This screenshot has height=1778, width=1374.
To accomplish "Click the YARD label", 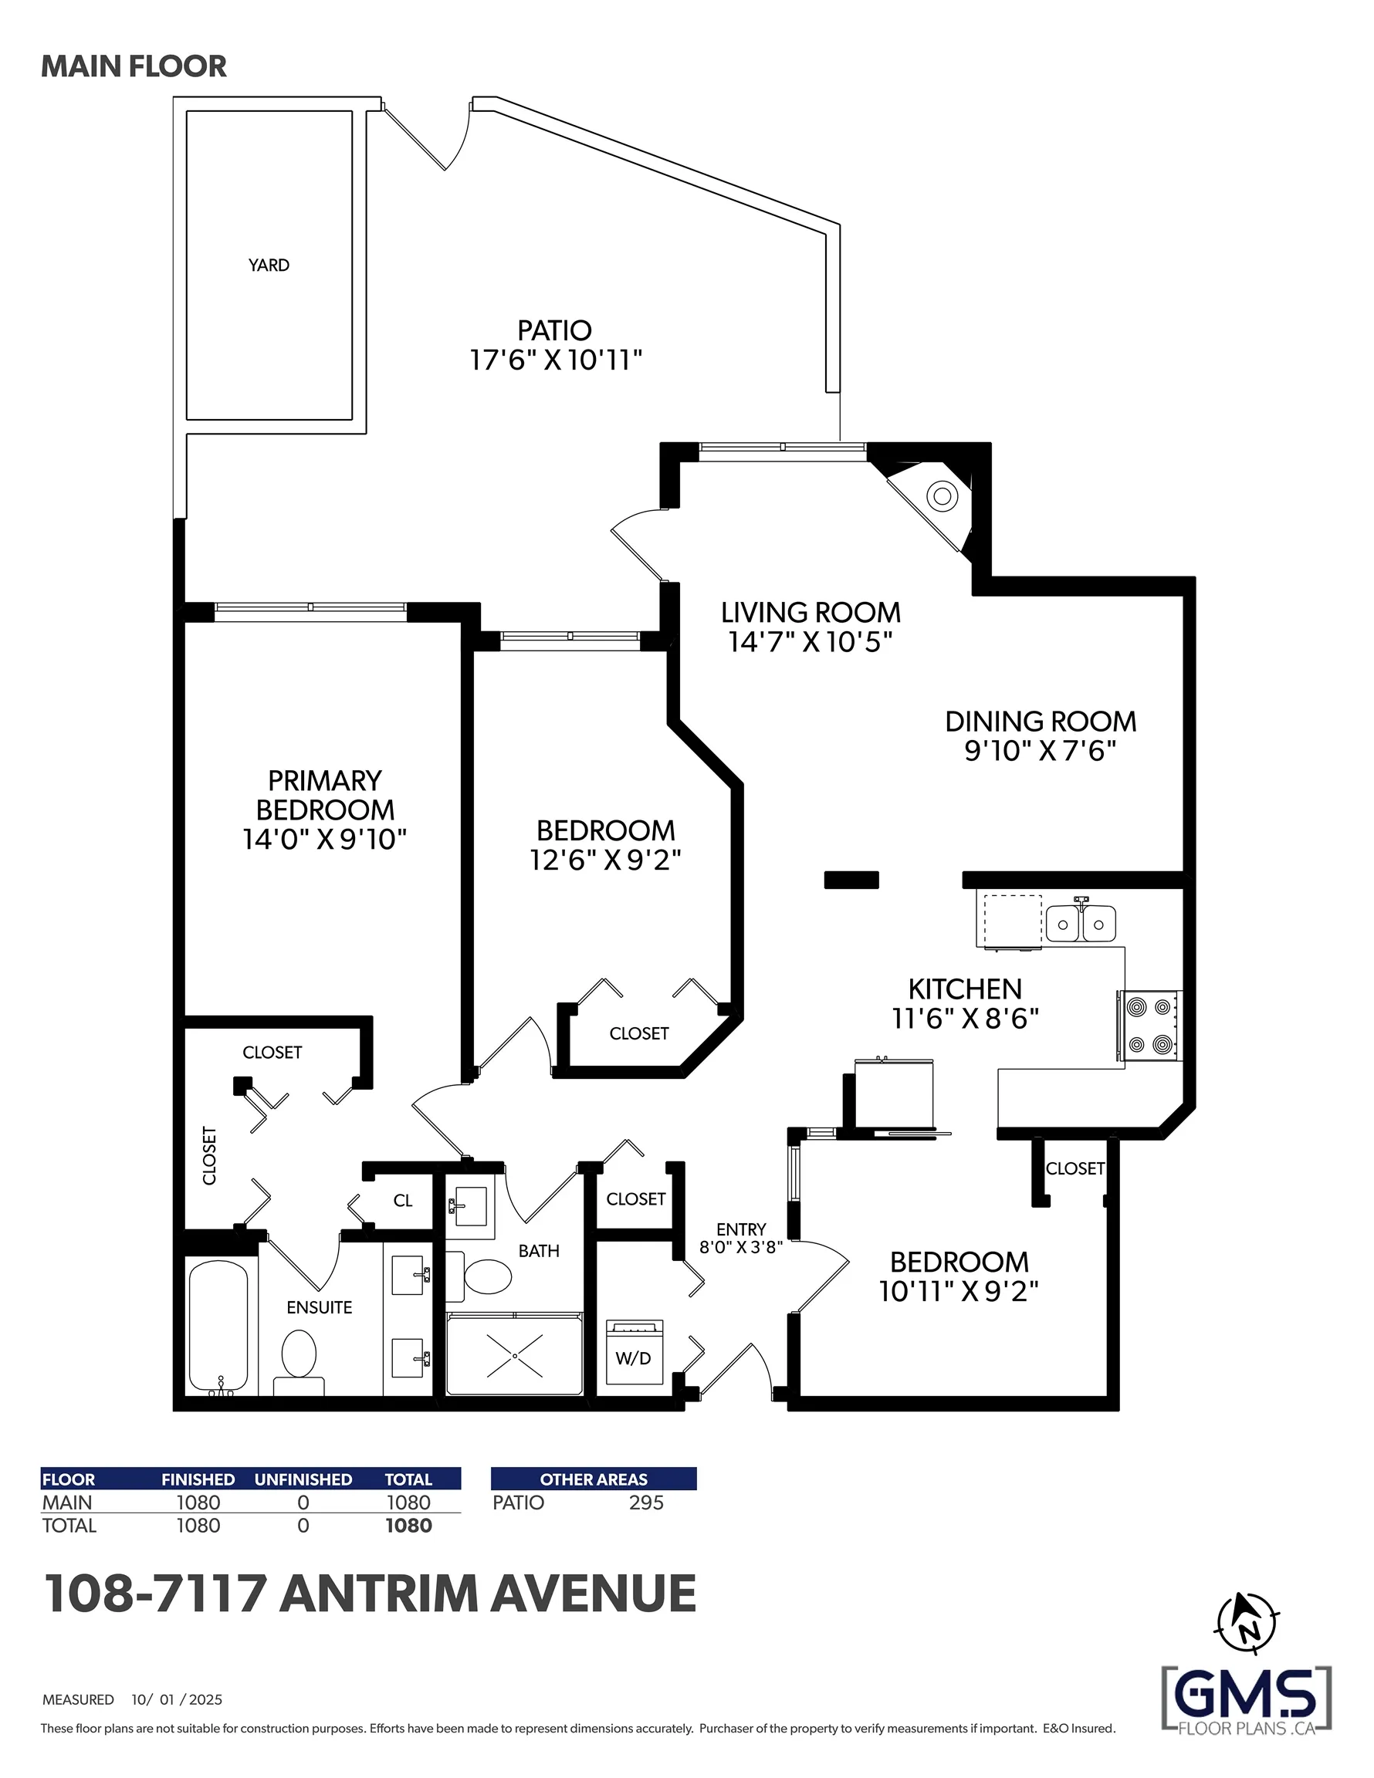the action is [269, 265].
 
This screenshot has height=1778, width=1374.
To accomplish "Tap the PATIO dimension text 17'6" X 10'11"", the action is [557, 360].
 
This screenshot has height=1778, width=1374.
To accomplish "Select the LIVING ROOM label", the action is [811, 612].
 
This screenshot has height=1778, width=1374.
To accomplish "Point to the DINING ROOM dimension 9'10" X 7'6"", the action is [1040, 751].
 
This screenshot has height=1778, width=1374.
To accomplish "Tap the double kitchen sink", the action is [1081, 922].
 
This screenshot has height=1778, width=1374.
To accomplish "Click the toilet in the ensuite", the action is [298, 1362].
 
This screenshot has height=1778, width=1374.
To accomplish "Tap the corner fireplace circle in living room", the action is [943, 495].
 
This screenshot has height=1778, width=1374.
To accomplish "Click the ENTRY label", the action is [741, 1229].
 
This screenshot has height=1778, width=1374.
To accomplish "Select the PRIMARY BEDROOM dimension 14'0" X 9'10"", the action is [324, 840].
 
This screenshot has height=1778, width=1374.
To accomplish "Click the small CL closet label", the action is [402, 1201].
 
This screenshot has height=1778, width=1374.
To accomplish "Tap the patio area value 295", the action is [646, 1503].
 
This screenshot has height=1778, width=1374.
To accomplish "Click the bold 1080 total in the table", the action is [409, 1526].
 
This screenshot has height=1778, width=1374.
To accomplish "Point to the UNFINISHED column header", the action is [303, 1479].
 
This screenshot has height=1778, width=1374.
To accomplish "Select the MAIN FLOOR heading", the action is [134, 67].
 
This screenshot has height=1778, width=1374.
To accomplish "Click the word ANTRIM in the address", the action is [379, 1594].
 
